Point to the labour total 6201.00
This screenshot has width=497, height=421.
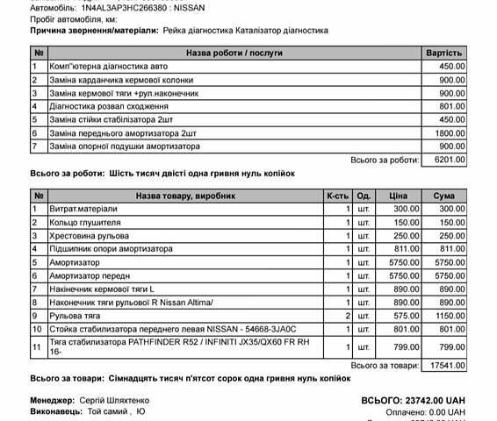[x=448, y=160]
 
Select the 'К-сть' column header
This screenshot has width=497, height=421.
[x=338, y=196]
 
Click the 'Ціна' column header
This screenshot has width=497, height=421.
[x=399, y=196]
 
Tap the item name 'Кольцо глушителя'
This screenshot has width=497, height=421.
[x=84, y=223]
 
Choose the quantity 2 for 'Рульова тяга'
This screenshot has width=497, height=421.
[x=349, y=315]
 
